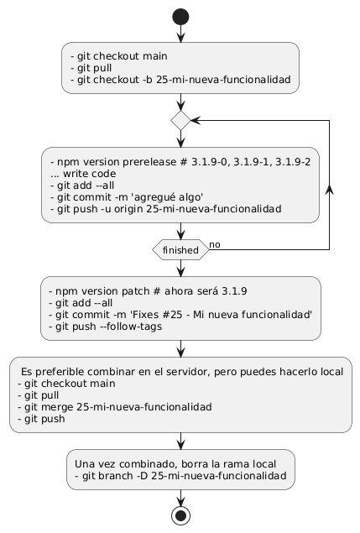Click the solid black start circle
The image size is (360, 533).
[180, 17]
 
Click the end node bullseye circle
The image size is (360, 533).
[180, 515]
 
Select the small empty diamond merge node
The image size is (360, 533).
[180, 120]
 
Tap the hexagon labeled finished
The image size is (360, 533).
[180, 250]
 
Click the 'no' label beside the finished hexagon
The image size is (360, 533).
[215, 244]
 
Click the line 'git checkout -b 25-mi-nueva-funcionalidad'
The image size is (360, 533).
[180, 80]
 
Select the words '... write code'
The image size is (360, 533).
[83, 174]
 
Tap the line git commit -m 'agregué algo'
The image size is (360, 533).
[127, 197]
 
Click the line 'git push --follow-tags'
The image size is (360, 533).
[106, 327]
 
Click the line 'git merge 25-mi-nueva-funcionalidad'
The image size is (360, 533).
[115, 406]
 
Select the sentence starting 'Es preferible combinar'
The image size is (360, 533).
[182, 372]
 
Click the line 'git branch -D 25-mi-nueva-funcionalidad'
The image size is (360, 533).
[180, 476]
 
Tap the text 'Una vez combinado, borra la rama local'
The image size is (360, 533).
[175, 464]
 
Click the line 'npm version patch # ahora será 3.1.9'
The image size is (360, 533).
[148, 291]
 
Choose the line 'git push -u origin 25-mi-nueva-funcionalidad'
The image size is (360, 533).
[166, 209]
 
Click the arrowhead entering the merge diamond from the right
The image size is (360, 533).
[196, 120]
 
